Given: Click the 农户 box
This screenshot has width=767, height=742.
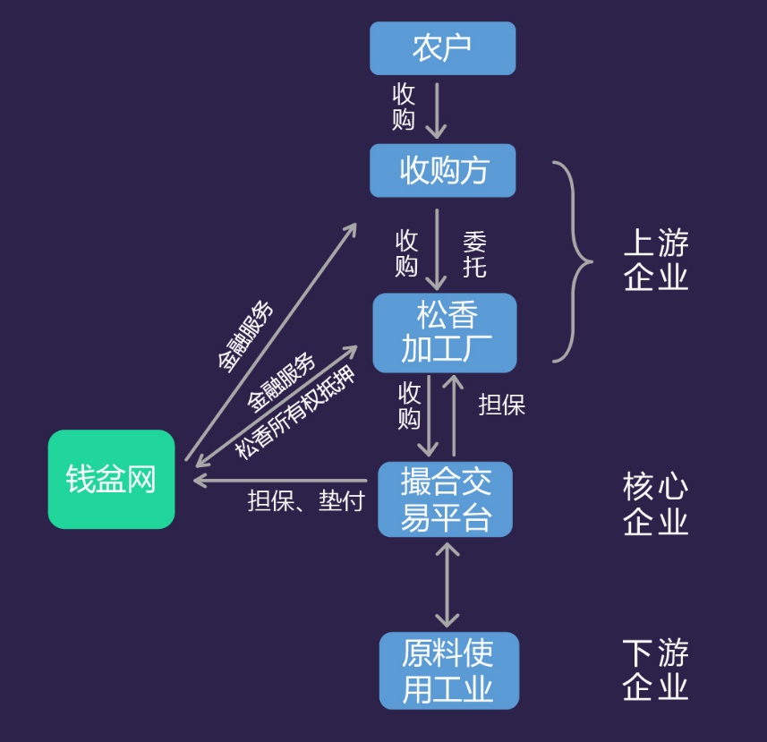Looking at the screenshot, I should point(442,48).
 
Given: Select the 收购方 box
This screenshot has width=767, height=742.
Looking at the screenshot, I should point(442,170).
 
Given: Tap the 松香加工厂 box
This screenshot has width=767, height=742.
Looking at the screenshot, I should point(445,332).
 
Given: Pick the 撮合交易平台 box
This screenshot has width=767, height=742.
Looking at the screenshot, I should point(445,499).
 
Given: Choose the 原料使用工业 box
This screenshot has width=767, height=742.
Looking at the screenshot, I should point(448,670).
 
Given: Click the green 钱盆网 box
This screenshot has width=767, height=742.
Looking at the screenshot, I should point(111,480).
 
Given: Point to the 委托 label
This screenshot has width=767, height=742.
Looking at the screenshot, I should point(474,254).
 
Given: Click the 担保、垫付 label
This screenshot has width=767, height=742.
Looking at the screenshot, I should point(305,502).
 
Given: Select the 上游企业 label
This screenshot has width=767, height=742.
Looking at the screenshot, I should point(656,260).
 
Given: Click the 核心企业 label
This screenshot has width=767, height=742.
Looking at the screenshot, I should point(656,504).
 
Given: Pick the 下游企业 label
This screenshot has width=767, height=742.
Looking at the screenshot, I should point(656,670).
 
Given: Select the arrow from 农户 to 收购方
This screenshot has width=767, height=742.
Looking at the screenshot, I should point(436,111).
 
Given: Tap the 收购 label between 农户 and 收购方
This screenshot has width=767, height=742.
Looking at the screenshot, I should point(404,107).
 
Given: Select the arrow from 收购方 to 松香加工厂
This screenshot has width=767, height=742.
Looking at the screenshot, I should point(437,249).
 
